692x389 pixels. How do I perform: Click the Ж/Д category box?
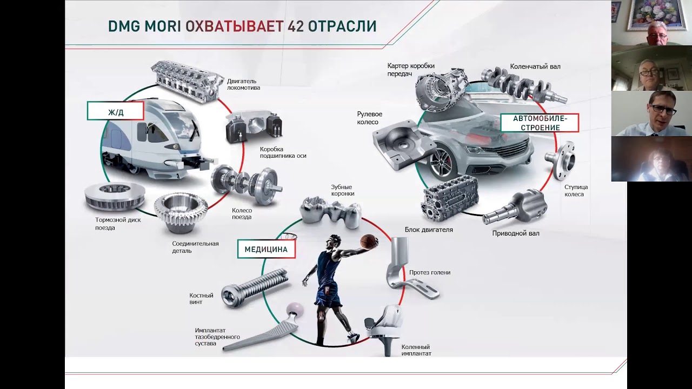[116, 111]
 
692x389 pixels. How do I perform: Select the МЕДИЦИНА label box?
[267, 249]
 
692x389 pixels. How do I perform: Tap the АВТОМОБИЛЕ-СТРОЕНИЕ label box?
[540, 123]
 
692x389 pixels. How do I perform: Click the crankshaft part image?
[524, 84]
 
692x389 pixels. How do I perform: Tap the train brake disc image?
[114, 198]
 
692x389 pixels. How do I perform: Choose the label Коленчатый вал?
[535, 66]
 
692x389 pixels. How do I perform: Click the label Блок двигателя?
[429, 230]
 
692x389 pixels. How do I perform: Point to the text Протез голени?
[430, 272]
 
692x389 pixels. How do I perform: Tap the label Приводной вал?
[516, 233]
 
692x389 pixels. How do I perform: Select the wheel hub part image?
[560, 160]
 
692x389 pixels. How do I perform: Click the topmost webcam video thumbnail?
[651, 23]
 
